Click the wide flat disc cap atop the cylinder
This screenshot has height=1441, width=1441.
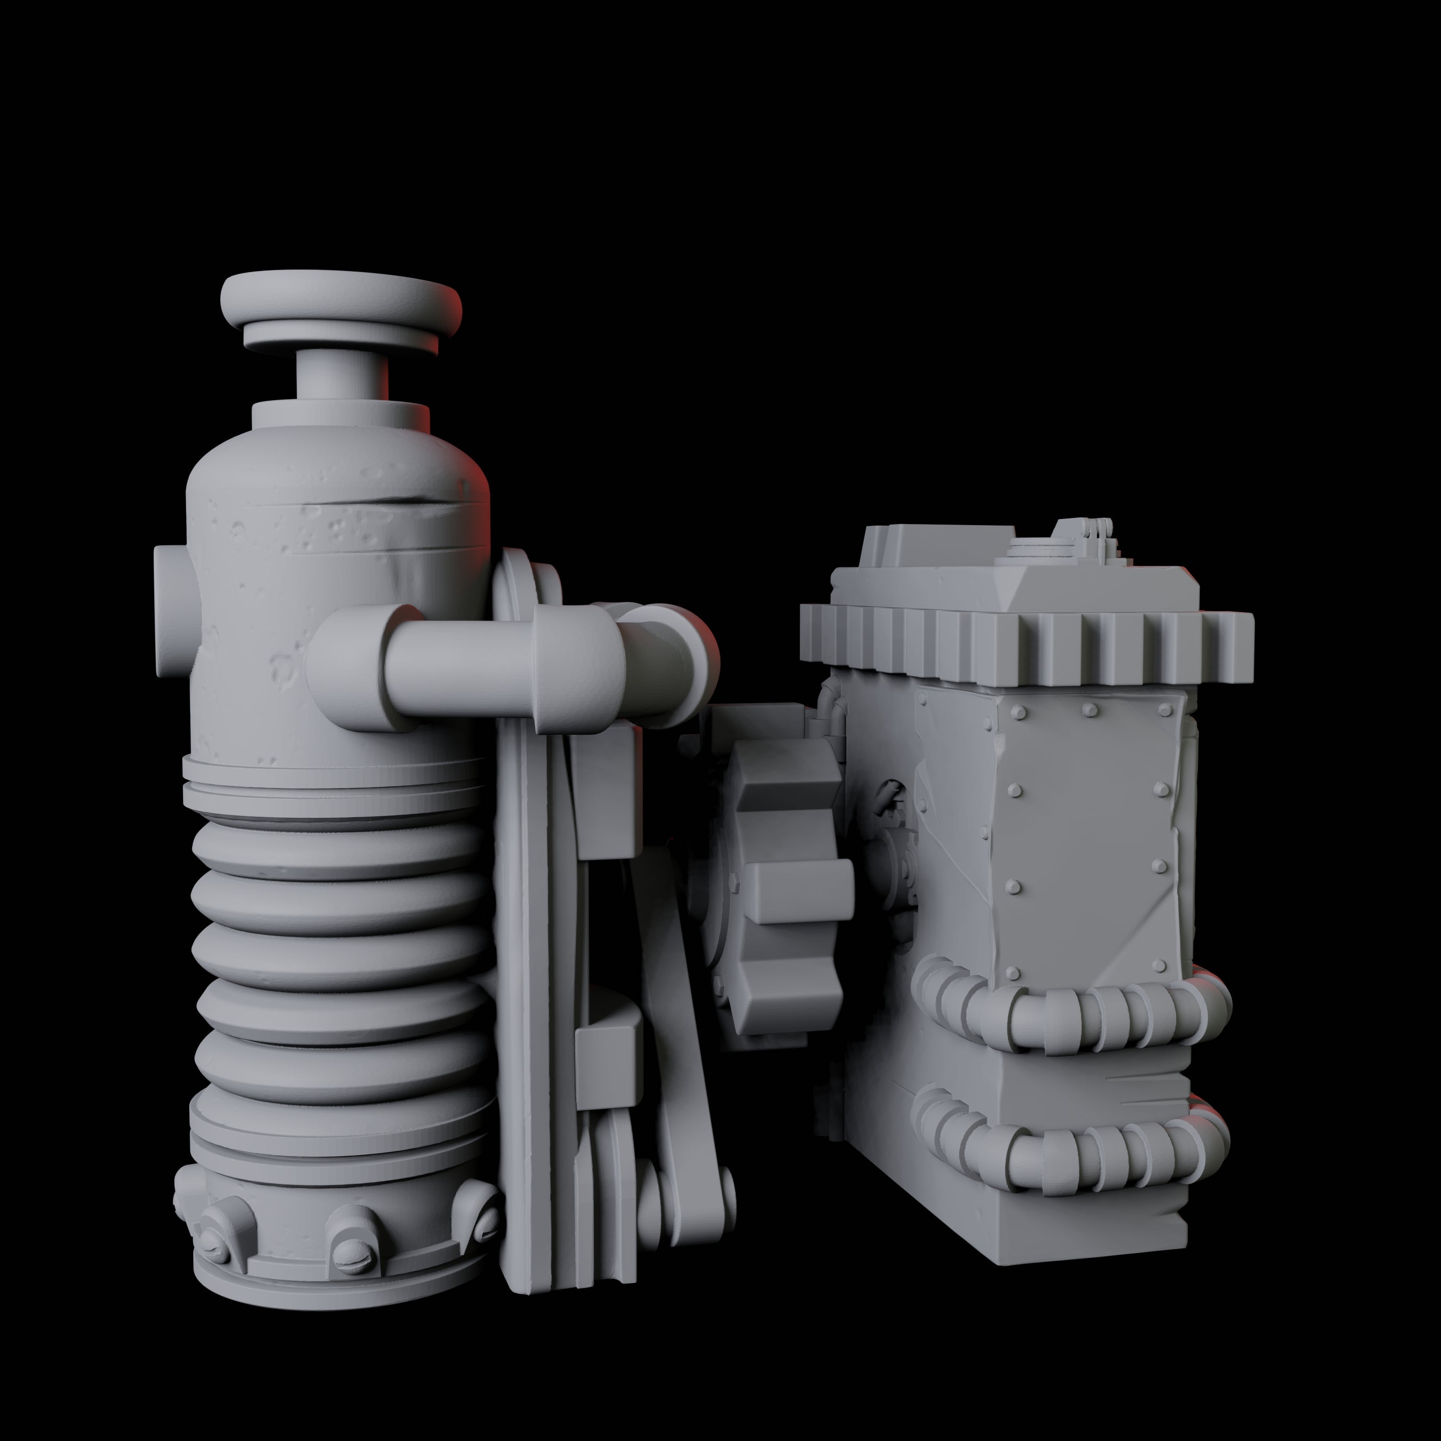(341, 301)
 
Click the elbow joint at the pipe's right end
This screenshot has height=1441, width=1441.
(664, 664)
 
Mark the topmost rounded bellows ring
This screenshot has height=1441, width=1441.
(340, 850)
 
